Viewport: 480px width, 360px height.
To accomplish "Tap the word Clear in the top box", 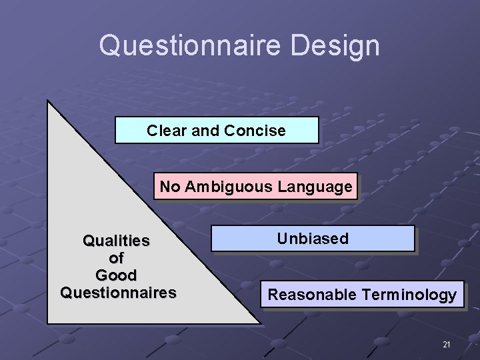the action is click(167, 131).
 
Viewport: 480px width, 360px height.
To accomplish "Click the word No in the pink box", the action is click(169, 187).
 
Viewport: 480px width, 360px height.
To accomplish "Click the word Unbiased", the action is click(313, 239).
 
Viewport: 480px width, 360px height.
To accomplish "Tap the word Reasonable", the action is click(312, 295).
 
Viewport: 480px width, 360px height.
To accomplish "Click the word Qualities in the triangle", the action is click(116, 240).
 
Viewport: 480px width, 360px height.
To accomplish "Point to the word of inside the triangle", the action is click(116, 257).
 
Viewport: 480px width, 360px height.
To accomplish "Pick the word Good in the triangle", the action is click(116, 275).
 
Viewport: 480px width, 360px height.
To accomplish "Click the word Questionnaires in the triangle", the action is click(118, 292).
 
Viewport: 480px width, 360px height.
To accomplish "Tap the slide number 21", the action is click(446, 345).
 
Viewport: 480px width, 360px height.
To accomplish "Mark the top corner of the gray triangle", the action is click(48, 102).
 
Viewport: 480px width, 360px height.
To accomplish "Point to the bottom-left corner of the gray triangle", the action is click(49, 323).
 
